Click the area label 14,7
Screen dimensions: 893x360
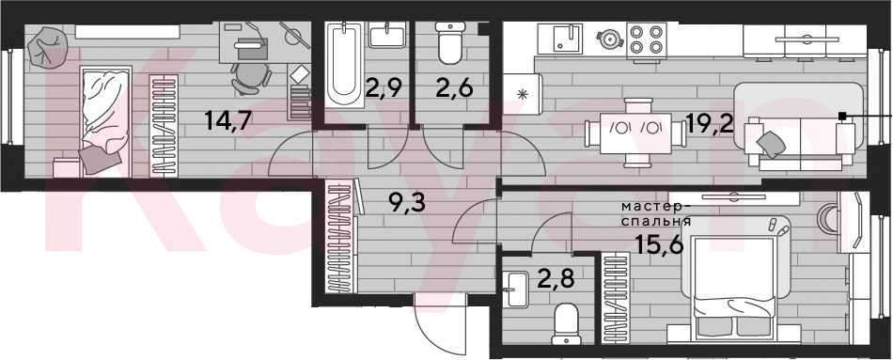(227, 121)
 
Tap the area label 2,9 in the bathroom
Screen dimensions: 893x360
(384, 89)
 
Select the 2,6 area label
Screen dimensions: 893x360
(454, 89)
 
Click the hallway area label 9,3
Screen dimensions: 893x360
(407, 201)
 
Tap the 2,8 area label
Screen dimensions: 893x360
(556, 280)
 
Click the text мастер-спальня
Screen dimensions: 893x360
(657, 213)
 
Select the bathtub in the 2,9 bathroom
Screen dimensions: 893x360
(345, 64)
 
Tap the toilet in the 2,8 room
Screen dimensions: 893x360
(567, 324)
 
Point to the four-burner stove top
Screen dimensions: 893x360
(647, 39)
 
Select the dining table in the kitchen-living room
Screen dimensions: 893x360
(635, 133)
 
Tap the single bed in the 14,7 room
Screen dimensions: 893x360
(106, 122)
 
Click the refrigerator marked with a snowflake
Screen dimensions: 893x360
(520, 94)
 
